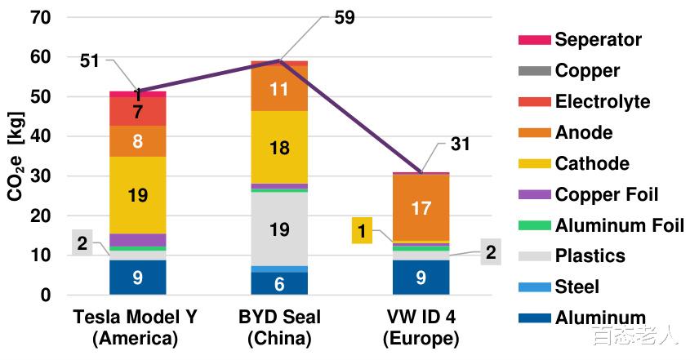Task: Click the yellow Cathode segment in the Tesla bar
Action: click(x=137, y=194)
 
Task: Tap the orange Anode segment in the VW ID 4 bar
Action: click(x=421, y=208)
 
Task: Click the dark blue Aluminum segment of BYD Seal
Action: click(x=279, y=283)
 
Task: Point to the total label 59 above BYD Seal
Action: click(x=344, y=17)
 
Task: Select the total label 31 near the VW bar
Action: click(x=460, y=144)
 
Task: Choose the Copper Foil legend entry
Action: click(x=606, y=194)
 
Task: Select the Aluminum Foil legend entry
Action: click(x=619, y=225)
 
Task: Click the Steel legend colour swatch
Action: click(x=532, y=287)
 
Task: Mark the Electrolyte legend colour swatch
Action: click(x=532, y=101)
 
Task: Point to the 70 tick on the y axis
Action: click(x=40, y=17)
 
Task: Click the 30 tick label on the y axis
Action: click(x=40, y=176)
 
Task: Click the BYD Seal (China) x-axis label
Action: click(x=279, y=327)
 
